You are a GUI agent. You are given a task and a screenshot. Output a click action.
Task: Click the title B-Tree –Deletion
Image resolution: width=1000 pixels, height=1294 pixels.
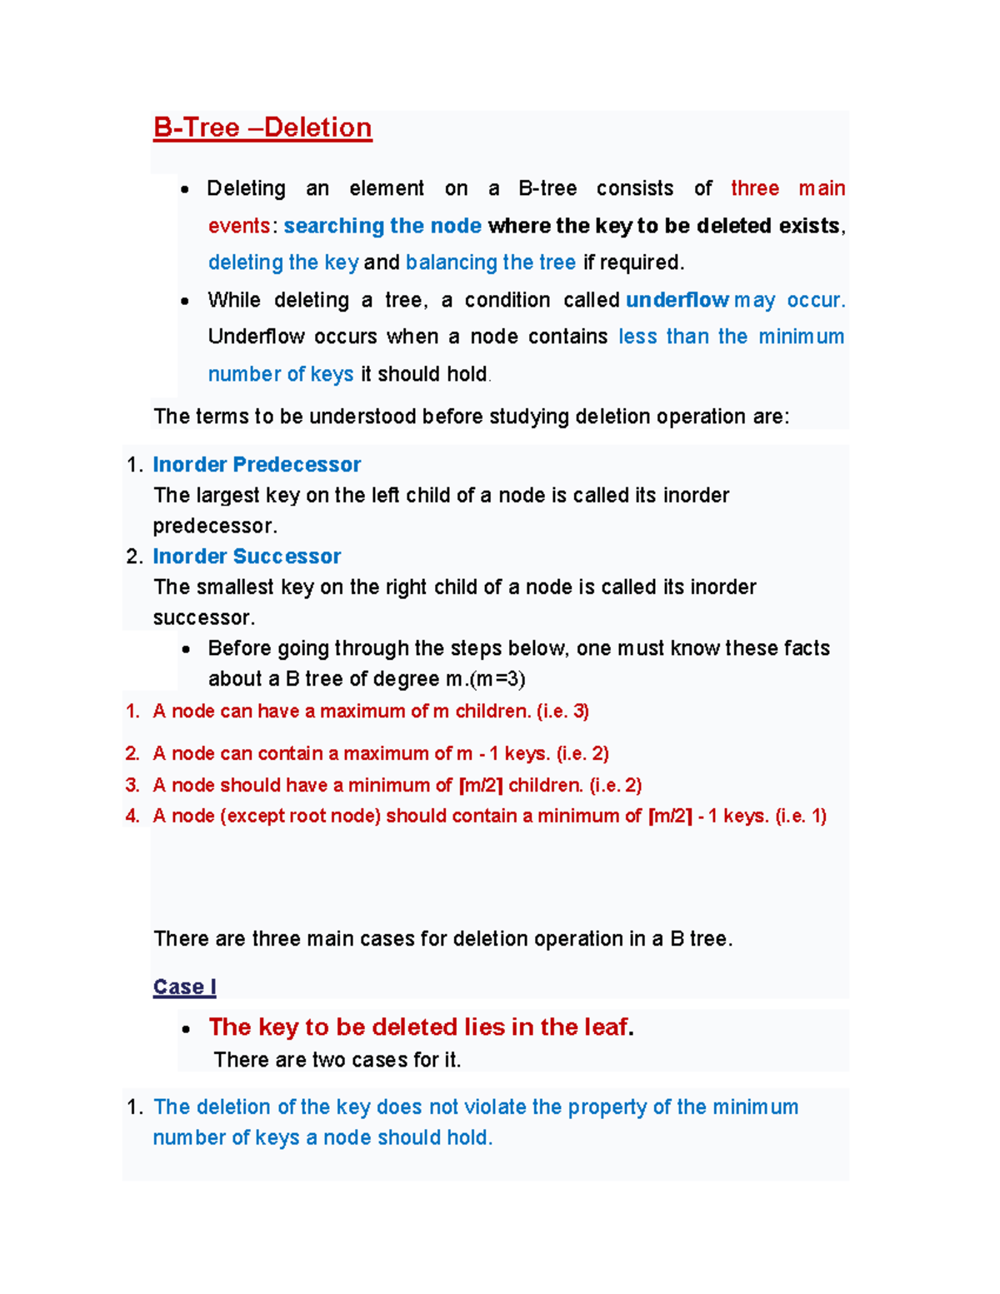(262, 128)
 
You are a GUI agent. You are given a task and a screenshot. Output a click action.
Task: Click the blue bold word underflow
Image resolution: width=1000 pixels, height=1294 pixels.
(677, 300)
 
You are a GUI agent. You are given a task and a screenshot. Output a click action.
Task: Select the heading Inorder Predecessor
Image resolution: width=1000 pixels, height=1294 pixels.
(257, 464)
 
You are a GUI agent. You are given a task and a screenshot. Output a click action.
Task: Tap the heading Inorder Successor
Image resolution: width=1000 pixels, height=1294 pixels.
(247, 556)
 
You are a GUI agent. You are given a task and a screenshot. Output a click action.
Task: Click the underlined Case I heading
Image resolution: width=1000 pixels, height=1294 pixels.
(184, 987)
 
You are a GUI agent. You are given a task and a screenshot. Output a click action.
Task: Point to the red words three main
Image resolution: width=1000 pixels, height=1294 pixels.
(787, 188)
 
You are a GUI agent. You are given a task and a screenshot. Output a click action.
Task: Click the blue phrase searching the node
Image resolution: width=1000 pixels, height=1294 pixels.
(382, 226)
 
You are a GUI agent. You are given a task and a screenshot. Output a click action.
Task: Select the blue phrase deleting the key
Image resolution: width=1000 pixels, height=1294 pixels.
(283, 262)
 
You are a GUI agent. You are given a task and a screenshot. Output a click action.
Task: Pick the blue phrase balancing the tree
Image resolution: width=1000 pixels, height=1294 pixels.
(490, 262)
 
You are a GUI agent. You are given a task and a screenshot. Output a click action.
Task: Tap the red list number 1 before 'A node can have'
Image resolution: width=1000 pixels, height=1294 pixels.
(132, 712)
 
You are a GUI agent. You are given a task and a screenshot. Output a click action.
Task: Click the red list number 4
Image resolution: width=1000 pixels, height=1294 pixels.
(132, 816)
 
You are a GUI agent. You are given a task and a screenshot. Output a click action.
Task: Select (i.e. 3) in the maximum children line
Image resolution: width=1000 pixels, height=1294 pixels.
(562, 712)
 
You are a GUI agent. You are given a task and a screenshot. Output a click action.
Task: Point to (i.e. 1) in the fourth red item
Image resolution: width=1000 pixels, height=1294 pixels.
(800, 816)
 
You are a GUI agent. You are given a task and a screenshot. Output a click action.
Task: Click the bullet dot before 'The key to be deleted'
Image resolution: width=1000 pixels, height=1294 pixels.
(185, 1029)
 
